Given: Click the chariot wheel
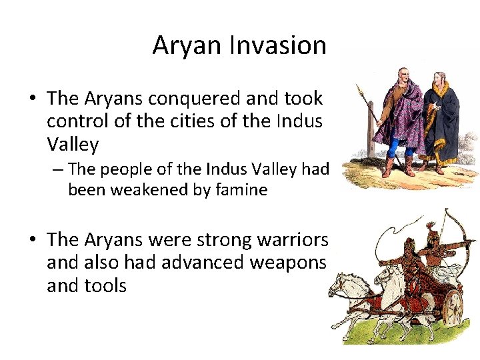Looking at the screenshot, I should (x=453, y=307).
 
